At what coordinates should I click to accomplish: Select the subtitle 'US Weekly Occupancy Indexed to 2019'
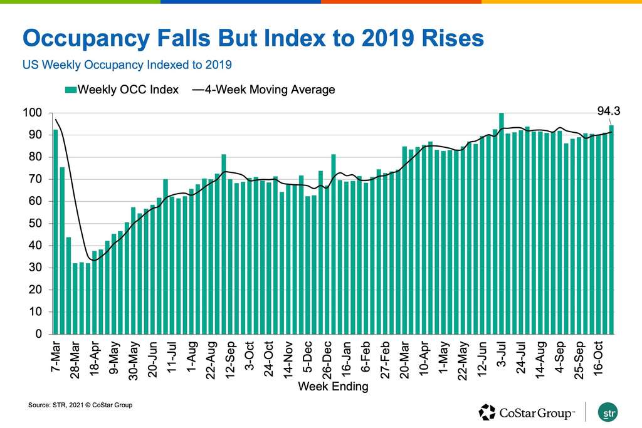(x=127, y=65)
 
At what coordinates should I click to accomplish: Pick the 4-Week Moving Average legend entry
(x=263, y=90)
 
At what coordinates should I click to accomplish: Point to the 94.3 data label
(x=608, y=112)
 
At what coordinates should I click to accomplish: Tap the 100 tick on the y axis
(x=33, y=113)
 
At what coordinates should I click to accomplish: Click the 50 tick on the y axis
(x=35, y=224)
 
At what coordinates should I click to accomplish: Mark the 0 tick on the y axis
(x=38, y=334)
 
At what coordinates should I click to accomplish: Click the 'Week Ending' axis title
(x=333, y=387)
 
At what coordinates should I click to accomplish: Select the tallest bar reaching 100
(x=502, y=223)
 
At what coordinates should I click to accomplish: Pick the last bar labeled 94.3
(x=611, y=229)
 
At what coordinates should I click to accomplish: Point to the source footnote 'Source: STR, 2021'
(x=80, y=405)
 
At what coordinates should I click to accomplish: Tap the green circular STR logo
(x=608, y=412)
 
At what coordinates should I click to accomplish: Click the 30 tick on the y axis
(x=35, y=268)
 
